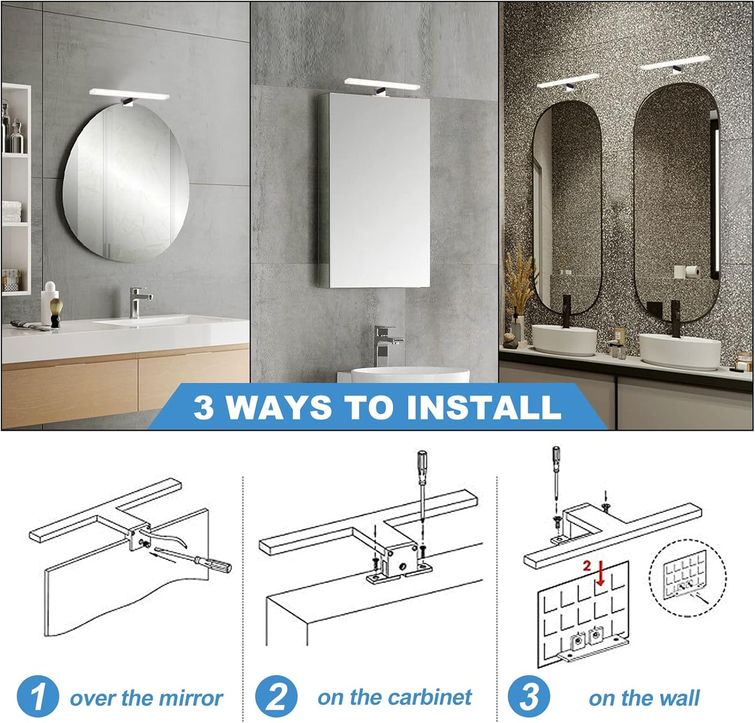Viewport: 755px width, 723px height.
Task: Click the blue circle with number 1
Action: (38, 697)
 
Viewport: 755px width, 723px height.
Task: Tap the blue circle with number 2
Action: (276, 697)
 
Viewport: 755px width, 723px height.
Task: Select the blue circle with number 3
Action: (528, 697)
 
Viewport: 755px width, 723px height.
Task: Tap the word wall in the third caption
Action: (679, 698)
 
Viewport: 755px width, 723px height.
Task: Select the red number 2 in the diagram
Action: (587, 566)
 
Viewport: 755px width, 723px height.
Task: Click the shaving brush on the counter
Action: (56, 313)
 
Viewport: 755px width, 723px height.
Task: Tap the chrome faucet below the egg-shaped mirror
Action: (139, 302)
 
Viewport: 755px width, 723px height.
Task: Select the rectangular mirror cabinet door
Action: (379, 193)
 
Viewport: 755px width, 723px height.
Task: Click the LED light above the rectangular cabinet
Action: (382, 84)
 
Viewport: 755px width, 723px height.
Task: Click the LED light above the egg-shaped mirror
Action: (129, 94)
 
